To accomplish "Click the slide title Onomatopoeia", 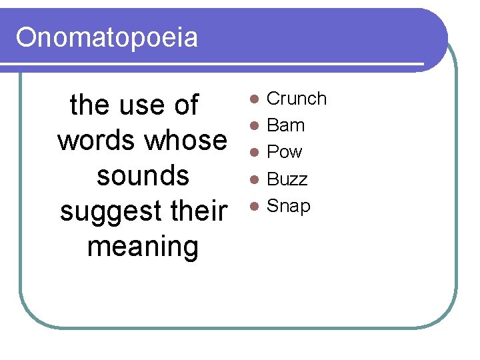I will (107, 37).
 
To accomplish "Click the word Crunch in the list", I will (297, 99).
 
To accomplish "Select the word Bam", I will (285, 125).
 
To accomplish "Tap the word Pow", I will (285, 152).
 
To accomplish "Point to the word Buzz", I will (287, 179).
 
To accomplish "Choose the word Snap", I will (289, 206).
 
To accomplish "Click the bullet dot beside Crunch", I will (253, 99).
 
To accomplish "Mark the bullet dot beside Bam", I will (253, 126).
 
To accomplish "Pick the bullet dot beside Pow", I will (253, 153).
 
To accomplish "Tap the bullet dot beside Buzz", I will (253, 179).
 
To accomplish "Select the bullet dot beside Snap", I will (253, 206).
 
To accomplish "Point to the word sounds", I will (143, 175).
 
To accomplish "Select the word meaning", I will (143, 247).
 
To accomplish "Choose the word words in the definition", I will (96, 140).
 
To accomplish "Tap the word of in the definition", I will (187, 105).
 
